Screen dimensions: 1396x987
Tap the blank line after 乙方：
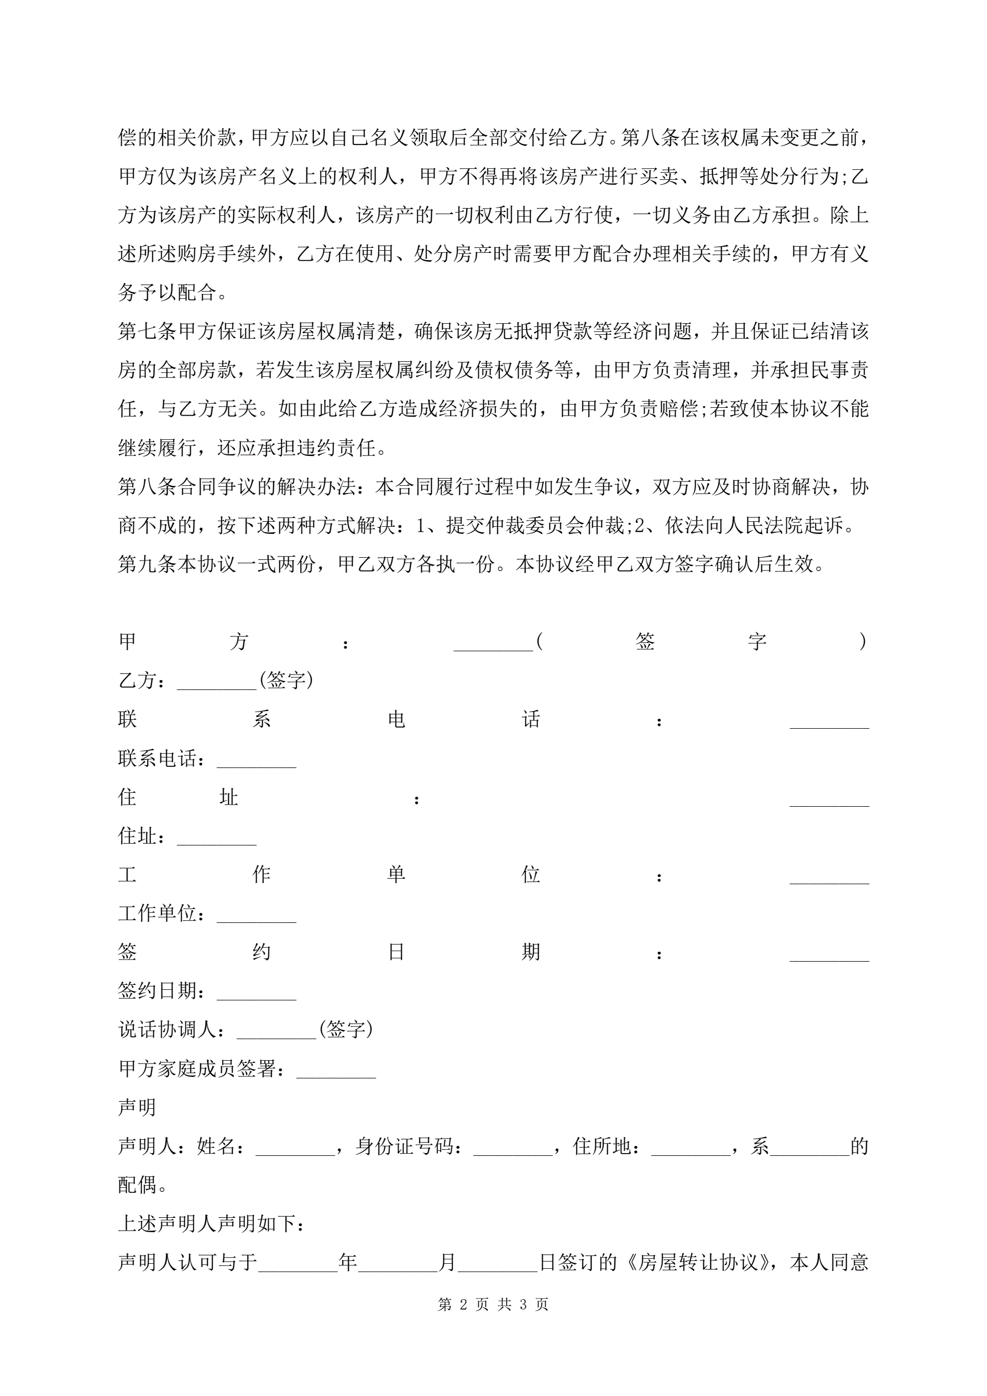216,683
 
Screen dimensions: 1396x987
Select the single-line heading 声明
137,1108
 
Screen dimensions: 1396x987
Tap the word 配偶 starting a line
137,1185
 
